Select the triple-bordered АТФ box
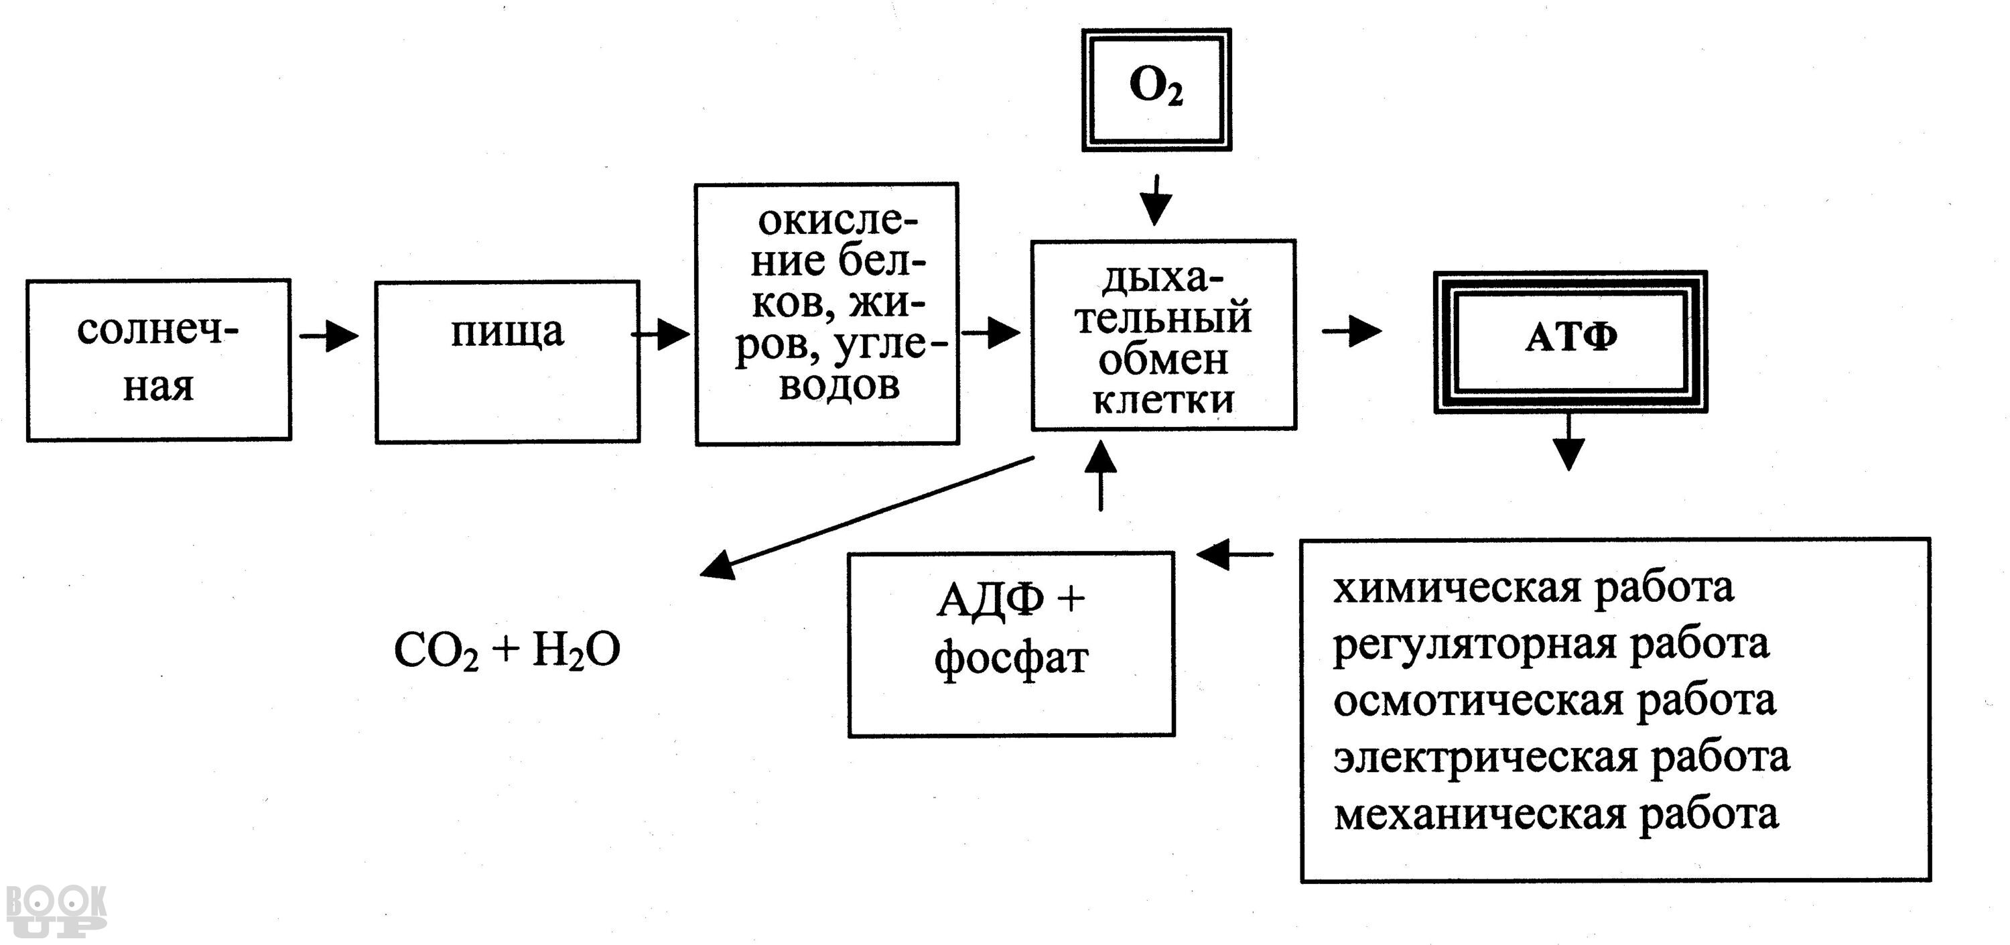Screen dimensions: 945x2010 [x=1570, y=341]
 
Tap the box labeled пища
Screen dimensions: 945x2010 [x=507, y=361]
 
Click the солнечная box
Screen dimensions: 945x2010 [x=158, y=360]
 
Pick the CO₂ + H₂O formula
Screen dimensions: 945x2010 [x=507, y=650]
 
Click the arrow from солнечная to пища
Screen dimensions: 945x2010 [x=328, y=336]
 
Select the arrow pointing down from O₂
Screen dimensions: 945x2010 [x=1156, y=200]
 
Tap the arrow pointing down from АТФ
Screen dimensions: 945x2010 [x=1568, y=442]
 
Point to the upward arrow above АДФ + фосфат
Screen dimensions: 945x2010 [x=1100, y=475]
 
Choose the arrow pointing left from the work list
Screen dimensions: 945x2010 [x=1233, y=555]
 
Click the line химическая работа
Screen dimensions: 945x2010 [x=1532, y=588]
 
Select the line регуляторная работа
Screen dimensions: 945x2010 [x=1550, y=645]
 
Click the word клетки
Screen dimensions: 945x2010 [x=1163, y=399]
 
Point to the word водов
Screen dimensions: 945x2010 [x=839, y=385]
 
